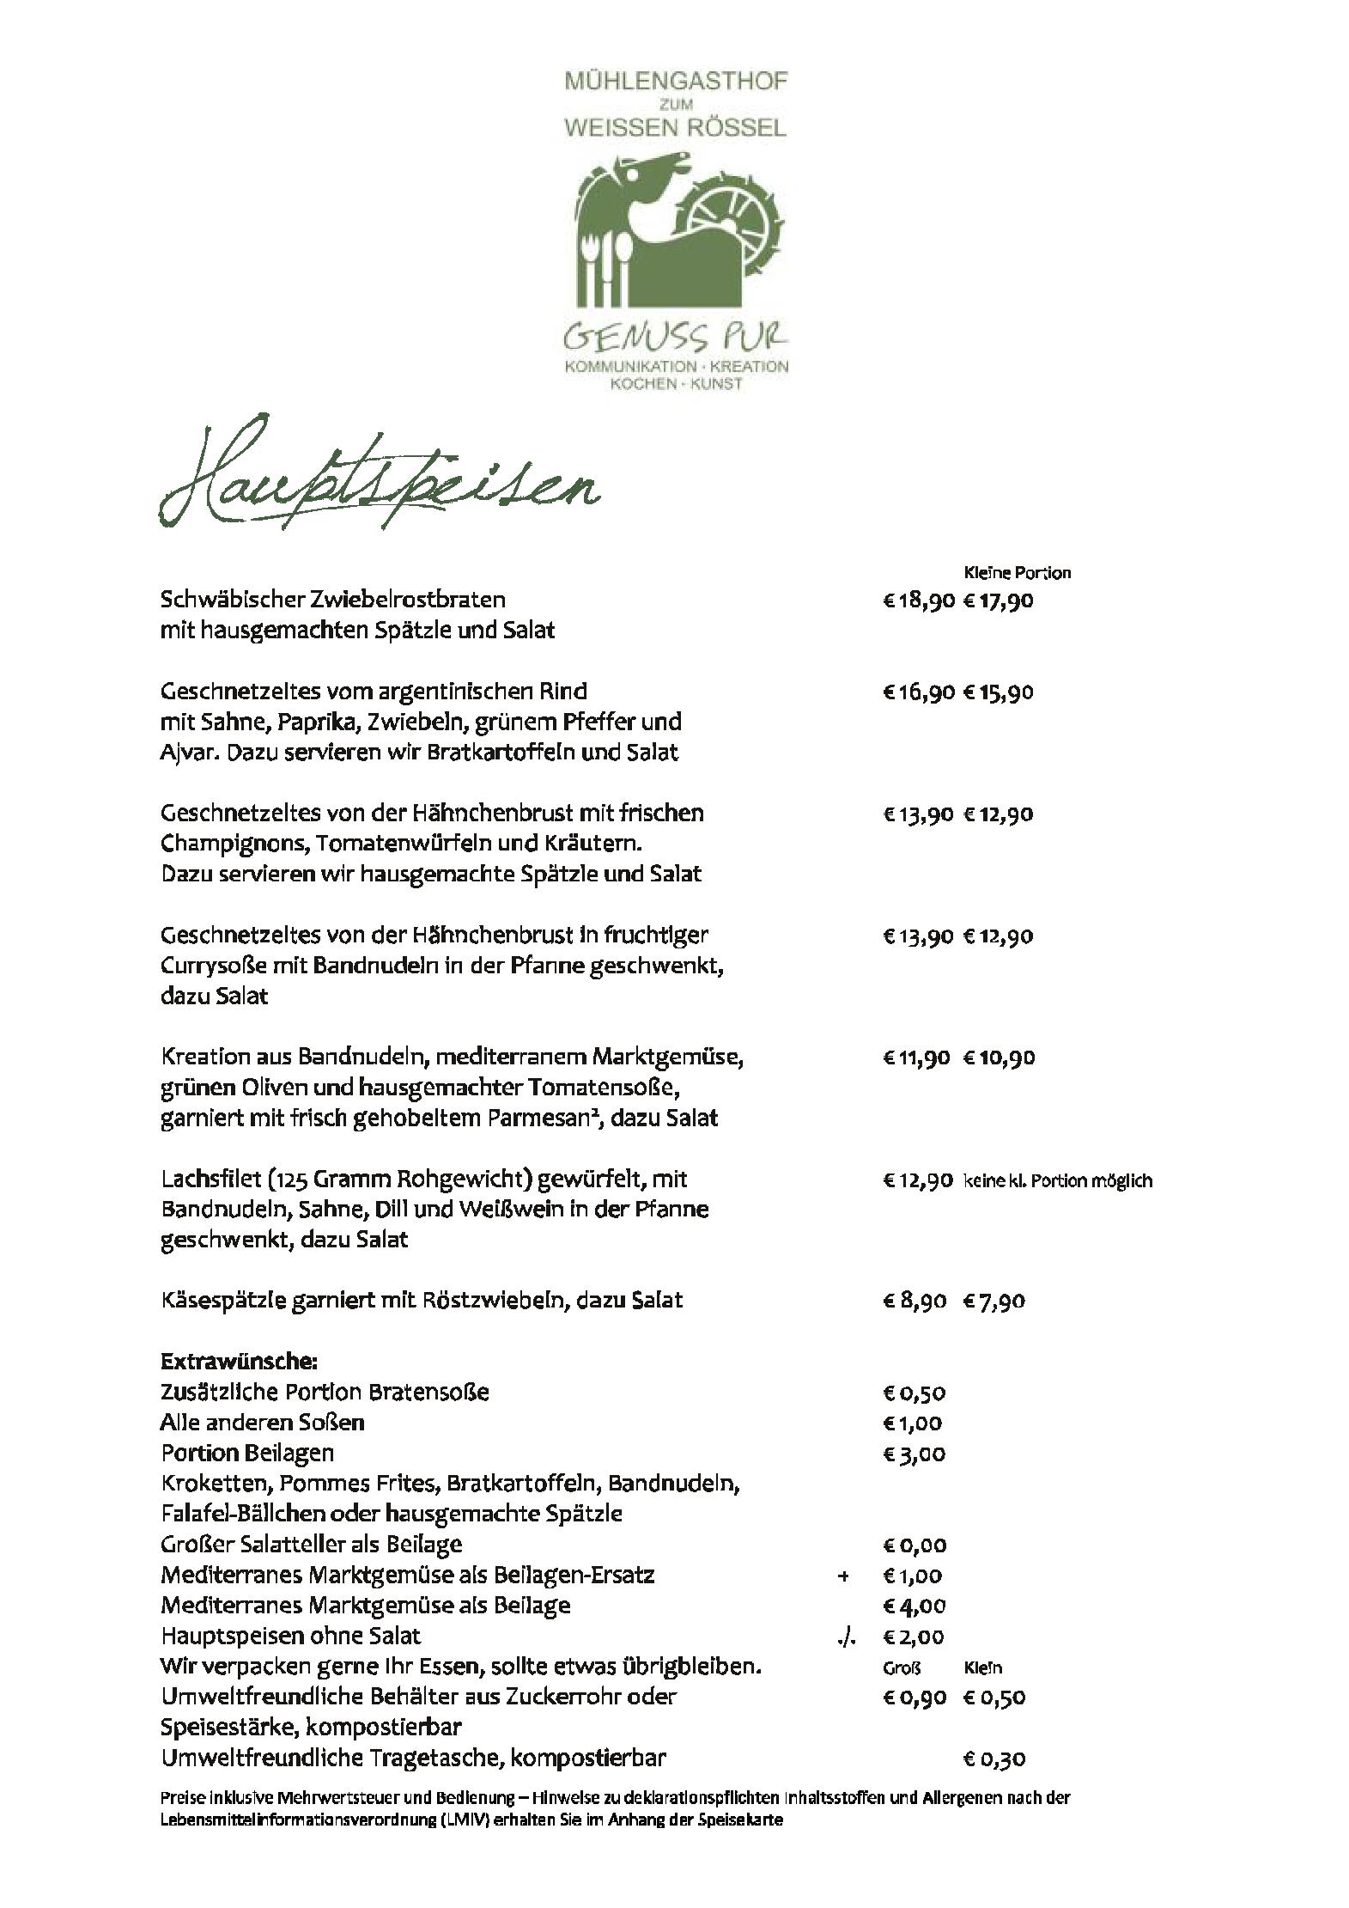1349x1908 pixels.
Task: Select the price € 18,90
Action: [x=918, y=600]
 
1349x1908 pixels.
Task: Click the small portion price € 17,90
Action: [x=998, y=600]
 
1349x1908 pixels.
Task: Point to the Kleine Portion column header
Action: [x=1017, y=572]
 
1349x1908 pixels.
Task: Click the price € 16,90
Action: [x=918, y=692]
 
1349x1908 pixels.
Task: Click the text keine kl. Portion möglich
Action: [x=1057, y=1180]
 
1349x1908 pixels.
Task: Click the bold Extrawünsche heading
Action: [x=239, y=1361]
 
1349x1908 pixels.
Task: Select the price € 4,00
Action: [x=914, y=1606]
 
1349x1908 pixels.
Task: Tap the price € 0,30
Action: [x=994, y=1759]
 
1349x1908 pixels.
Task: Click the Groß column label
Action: [x=902, y=1667]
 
